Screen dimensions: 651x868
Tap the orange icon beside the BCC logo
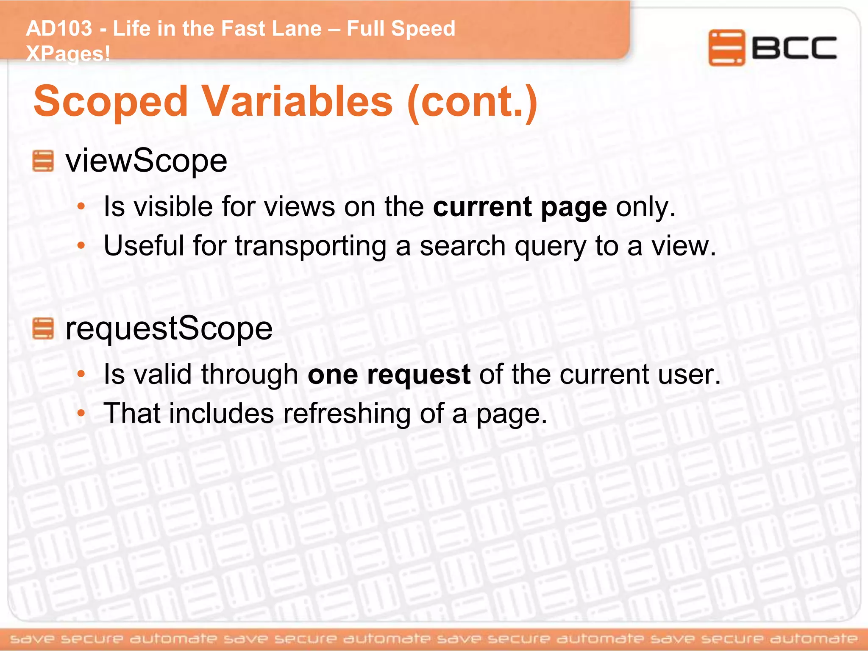pyautogui.click(x=726, y=47)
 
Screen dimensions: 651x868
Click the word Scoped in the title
pyautogui.click(x=111, y=102)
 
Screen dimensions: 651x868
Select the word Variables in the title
pyautogui.click(x=297, y=102)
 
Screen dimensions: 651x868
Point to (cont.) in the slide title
pyautogui.click(x=472, y=102)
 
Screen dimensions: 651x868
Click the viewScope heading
pyautogui.click(x=146, y=161)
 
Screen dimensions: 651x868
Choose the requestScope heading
pyautogui.click(x=169, y=328)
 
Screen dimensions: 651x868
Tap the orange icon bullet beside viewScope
pyautogui.click(x=43, y=161)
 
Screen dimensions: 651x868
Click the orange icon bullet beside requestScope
pyautogui.click(x=43, y=329)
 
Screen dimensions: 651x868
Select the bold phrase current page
pyautogui.click(x=520, y=207)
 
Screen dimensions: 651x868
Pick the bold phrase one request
pyautogui.click(x=389, y=374)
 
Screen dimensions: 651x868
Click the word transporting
pyautogui.click(x=310, y=246)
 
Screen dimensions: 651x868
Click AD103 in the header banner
pyautogui.click(x=59, y=28)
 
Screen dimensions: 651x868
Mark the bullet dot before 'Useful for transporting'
pyautogui.click(x=81, y=246)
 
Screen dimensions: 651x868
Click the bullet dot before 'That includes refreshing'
pyautogui.click(x=81, y=413)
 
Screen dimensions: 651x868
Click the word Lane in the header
pyautogui.click(x=296, y=28)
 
